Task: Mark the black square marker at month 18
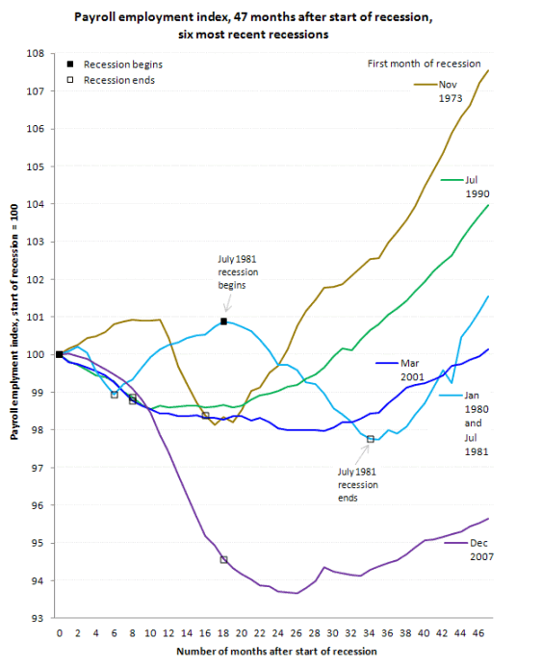point(223,321)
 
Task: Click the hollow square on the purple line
point(223,559)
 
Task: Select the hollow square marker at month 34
point(371,439)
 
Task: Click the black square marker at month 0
point(60,354)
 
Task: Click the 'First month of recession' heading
point(424,64)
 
